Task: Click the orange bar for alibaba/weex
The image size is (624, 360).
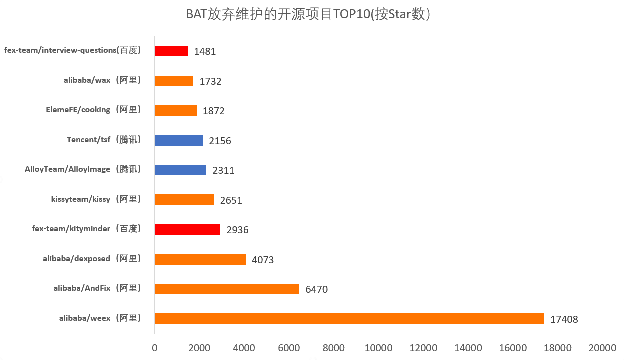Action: pos(349,318)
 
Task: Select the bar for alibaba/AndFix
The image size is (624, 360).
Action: pos(227,289)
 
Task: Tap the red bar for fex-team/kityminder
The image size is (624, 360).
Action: pos(187,229)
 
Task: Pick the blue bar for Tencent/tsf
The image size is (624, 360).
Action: pos(179,140)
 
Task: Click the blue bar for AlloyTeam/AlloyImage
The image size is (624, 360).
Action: pos(180,170)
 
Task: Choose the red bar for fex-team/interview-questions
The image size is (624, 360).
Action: pos(171,51)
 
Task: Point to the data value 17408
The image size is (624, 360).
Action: pos(564,319)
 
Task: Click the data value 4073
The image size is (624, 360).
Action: pos(263,260)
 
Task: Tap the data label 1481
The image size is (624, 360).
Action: pos(205,51)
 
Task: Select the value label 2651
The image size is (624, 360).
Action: pos(231,200)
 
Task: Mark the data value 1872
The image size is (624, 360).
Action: pos(214,111)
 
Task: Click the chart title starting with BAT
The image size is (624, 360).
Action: pos(308,14)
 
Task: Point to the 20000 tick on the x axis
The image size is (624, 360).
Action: pos(602,348)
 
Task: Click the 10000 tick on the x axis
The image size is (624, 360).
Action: pos(378,348)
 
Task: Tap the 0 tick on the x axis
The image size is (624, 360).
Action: pos(155,348)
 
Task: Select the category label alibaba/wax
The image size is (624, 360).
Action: pos(102,81)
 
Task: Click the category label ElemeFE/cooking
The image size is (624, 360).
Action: pos(93,110)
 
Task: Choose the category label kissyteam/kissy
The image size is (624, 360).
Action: pos(96,199)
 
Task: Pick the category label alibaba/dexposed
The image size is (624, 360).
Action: pos(92,259)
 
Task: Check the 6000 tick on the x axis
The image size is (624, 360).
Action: pos(289,348)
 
